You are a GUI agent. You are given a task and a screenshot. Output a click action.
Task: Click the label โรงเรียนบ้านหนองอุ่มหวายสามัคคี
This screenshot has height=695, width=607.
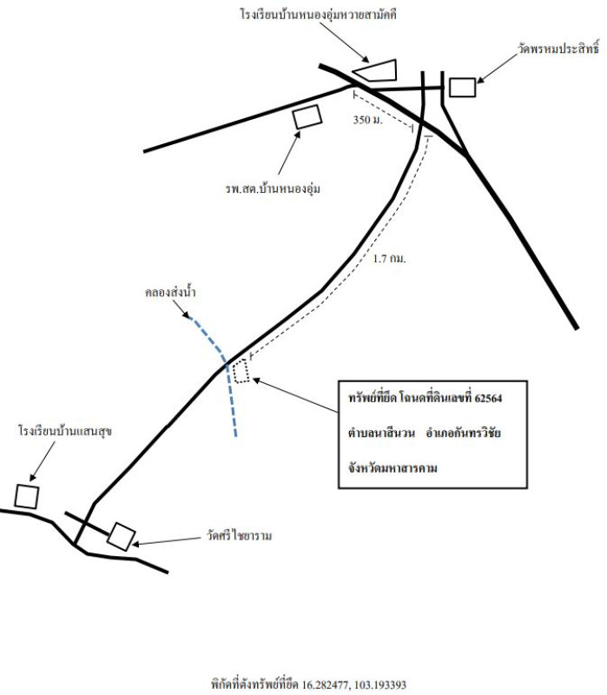pyautogui.click(x=319, y=15)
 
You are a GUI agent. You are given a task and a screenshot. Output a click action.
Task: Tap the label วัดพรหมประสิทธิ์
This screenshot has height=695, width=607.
pyautogui.click(x=558, y=48)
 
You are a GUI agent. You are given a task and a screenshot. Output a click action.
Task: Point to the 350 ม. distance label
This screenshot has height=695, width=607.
pyautogui.click(x=367, y=120)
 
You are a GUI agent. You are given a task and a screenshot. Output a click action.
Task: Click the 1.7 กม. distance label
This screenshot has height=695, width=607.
pyautogui.click(x=389, y=258)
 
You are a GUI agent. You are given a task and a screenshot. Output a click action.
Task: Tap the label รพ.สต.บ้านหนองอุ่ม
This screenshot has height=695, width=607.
pyautogui.click(x=273, y=189)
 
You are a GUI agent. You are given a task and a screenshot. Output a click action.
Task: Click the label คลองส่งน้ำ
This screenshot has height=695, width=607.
pyautogui.click(x=170, y=293)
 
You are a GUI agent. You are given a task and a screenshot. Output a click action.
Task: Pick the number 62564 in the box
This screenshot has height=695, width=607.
pyautogui.click(x=488, y=398)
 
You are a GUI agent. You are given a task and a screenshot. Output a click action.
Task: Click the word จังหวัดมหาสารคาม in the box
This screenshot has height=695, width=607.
pyautogui.click(x=393, y=468)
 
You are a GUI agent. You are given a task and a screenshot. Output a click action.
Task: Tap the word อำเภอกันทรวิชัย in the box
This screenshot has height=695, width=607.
pyautogui.click(x=464, y=433)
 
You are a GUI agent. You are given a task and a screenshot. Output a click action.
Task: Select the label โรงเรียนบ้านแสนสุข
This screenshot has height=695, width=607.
pyautogui.click(x=65, y=431)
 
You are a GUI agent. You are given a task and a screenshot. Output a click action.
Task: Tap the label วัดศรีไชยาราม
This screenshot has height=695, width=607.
pyautogui.click(x=239, y=536)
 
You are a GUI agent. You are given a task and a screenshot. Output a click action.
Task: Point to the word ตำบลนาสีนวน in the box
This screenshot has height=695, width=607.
pyautogui.click(x=381, y=433)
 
